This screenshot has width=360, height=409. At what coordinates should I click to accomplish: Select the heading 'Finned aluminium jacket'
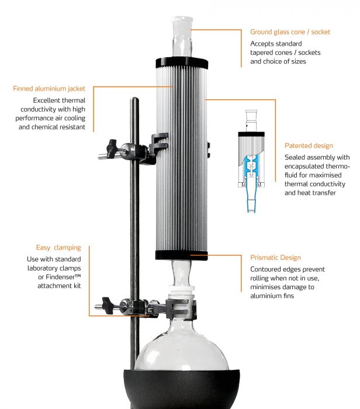(x=49, y=89)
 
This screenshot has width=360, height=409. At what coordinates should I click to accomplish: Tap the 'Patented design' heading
(x=309, y=145)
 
